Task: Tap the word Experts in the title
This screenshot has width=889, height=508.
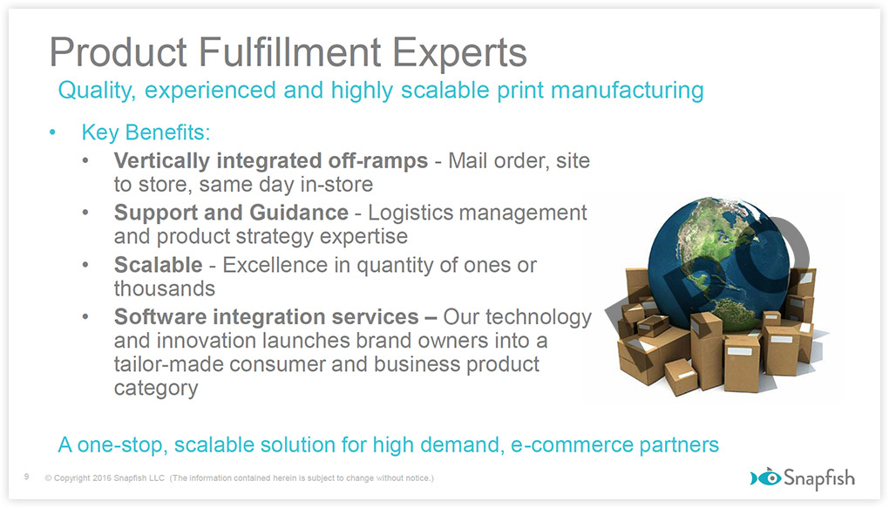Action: coord(460,53)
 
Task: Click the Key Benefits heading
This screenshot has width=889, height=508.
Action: coord(146,132)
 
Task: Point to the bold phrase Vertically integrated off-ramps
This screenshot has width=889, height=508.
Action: coord(270,161)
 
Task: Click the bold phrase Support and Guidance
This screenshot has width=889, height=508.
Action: coord(231,213)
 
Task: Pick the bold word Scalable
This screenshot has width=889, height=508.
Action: coord(158,265)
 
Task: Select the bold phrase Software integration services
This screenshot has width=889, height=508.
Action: coord(266,317)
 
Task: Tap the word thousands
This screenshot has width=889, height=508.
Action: coord(165,288)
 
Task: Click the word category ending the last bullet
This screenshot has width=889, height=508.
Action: coord(156,389)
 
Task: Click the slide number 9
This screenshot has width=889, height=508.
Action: coord(27,477)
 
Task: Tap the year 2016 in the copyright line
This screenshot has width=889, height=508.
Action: coord(102,478)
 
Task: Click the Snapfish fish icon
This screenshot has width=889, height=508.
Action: coord(766,478)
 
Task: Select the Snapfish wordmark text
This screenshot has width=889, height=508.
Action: coord(819,478)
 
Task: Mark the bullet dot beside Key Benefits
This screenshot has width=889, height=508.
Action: coord(52,132)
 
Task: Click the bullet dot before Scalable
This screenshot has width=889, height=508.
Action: coord(85,265)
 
